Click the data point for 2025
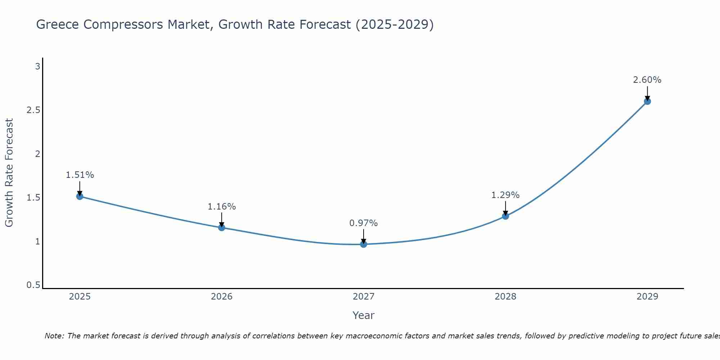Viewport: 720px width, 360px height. tap(80, 196)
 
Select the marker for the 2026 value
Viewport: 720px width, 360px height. tap(221, 227)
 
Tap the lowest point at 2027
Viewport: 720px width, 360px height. tap(363, 244)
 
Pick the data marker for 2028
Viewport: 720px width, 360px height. tap(505, 216)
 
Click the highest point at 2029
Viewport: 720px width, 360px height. tap(647, 101)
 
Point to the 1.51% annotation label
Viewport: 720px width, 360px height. tap(80, 175)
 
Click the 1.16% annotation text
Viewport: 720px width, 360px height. tap(221, 207)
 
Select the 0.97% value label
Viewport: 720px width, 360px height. tap(363, 223)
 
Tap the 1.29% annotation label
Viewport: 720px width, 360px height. tap(505, 195)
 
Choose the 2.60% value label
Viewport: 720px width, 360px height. tap(647, 80)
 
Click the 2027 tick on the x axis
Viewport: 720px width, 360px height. tap(363, 297)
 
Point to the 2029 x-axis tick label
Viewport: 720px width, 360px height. tap(647, 297)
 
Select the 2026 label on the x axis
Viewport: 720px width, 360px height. tap(221, 297)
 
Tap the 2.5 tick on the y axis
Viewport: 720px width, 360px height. tap(33, 110)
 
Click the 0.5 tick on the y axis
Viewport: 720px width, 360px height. tap(33, 285)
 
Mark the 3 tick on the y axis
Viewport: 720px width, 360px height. tap(37, 67)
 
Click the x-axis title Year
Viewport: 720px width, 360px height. tap(363, 315)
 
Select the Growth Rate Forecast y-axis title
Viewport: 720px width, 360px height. tap(9, 173)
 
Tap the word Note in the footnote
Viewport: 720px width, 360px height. tap(54, 336)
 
